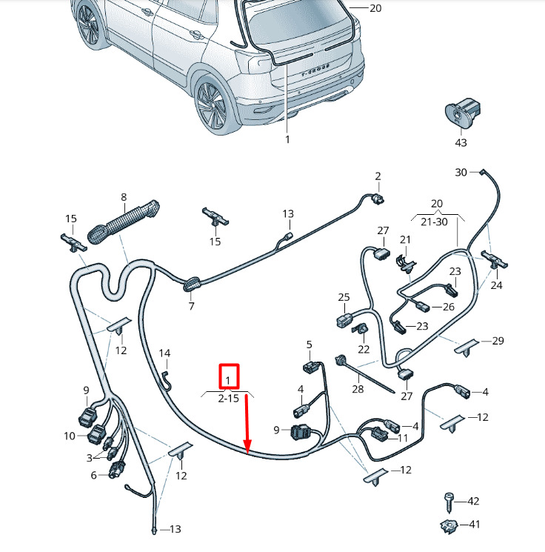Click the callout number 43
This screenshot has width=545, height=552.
point(461,142)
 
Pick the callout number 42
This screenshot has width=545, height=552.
point(473,501)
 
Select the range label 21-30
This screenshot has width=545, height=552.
point(434,222)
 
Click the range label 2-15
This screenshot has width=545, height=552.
point(228,399)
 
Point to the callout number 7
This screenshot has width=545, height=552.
point(191,306)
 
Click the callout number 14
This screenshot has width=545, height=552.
point(164,353)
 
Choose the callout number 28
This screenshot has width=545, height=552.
point(358,389)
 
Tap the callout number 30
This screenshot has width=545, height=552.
point(461,172)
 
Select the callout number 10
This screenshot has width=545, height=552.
point(70,436)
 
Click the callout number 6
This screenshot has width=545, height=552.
point(93,475)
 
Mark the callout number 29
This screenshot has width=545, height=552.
point(498,341)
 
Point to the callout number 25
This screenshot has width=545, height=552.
point(344,297)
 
